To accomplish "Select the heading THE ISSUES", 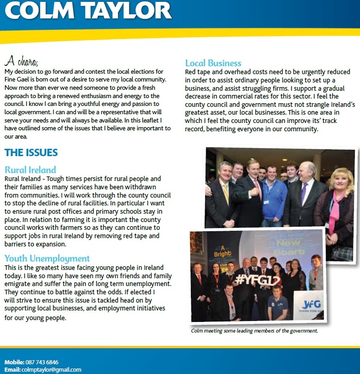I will pos(31,152).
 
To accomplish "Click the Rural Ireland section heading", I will pos(30,169).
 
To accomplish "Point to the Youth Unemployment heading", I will pos(47,258).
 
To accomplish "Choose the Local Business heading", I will pos(213,63).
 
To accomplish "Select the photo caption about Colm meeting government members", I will pos(254,331).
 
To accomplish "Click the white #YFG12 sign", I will pos(252,279).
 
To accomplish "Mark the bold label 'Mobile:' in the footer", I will pos(14,362).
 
